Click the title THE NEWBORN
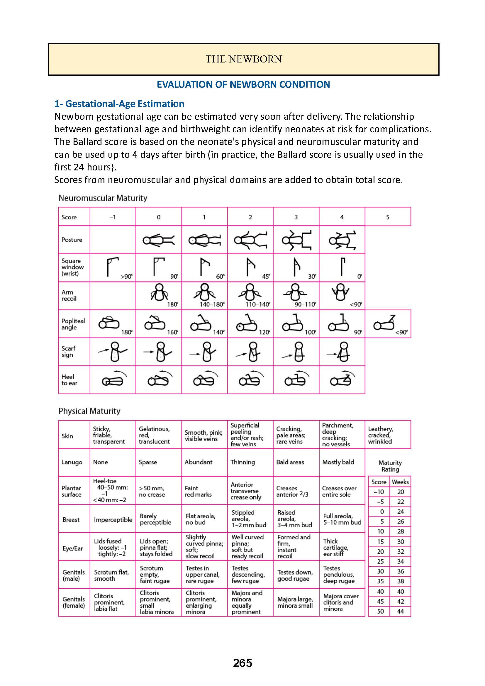coord(244,59)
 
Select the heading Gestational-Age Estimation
coord(125,104)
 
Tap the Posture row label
coord(72,240)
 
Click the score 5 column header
coord(388,217)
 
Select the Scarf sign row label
coord(68,352)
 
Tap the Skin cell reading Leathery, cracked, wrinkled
coord(381,435)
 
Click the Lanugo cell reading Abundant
coord(198,462)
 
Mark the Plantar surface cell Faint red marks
coord(198,492)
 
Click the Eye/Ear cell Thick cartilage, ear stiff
coord(336,548)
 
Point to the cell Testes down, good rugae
coord(295,575)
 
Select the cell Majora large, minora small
coord(295,602)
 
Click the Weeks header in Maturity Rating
coord(400,482)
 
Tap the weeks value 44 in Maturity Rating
coord(401,611)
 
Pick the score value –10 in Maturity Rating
coord(379,492)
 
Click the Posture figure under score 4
coord(342,240)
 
